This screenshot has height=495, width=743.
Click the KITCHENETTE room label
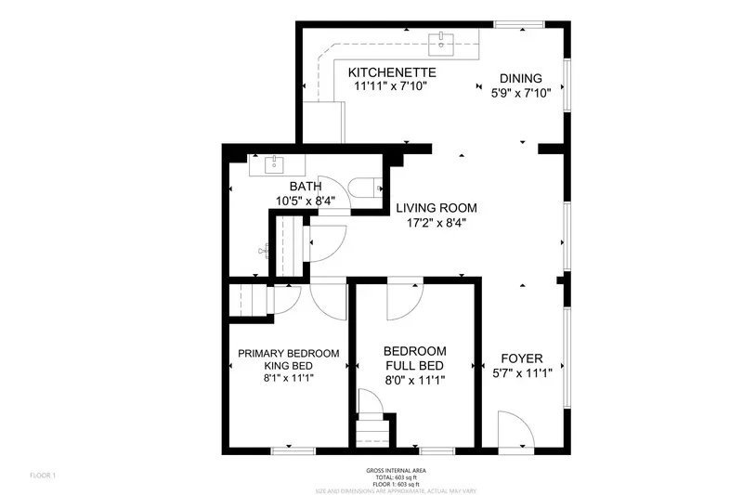click(x=392, y=72)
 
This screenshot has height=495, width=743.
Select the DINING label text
click(x=521, y=78)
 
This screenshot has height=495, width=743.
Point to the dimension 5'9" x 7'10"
click(x=521, y=92)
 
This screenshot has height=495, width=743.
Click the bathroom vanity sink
click(x=274, y=166)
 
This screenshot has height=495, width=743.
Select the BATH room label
click(x=299, y=187)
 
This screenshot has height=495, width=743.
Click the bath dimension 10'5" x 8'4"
click(x=299, y=201)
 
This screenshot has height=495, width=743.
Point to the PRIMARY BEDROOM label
click(x=288, y=354)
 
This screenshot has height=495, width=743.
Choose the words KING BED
click(x=288, y=366)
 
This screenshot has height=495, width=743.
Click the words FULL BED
click(x=415, y=365)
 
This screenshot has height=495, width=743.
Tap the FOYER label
click(x=521, y=358)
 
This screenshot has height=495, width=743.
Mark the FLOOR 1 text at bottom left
click(x=42, y=475)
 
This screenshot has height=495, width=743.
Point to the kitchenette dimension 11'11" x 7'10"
click(x=392, y=86)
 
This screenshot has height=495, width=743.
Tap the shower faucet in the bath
click(x=265, y=249)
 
